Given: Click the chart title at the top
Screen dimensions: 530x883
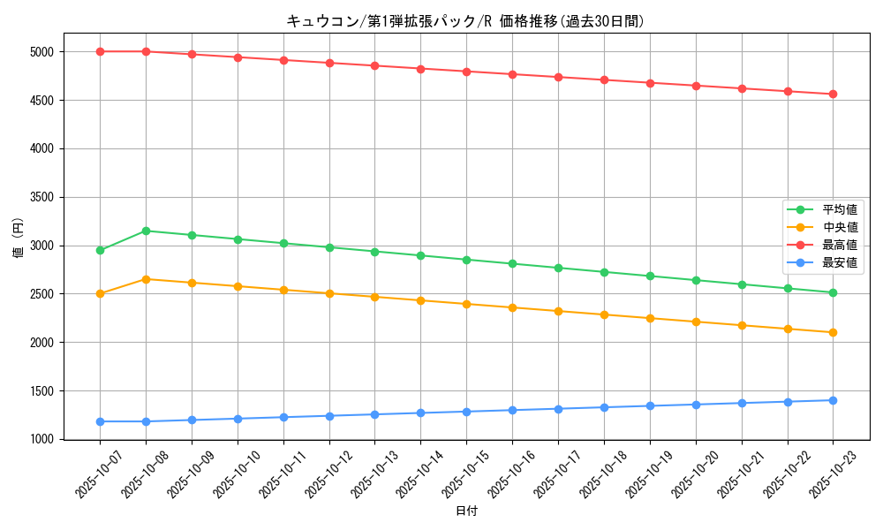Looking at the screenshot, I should pyautogui.click(x=465, y=21).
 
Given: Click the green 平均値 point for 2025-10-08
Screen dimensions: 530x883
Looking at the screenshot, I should pyautogui.click(x=146, y=231).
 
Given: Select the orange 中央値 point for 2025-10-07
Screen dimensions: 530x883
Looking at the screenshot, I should pyautogui.click(x=100, y=293).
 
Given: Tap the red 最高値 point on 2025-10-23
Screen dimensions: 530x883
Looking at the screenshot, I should pyautogui.click(x=833, y=95).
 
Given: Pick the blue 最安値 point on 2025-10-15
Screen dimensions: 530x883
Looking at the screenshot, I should pyautogui.click(x=466, y=412).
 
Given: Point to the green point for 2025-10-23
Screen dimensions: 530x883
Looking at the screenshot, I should pyautogui.click(x=833, y=292).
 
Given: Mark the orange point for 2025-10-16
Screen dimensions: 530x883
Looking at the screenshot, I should pyautogui.click(x=512, y=307).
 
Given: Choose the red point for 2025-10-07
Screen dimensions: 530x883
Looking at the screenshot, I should pyautogui.click(x=100, y=51).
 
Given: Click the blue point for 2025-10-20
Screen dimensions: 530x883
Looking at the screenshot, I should pyautogui.click(x=696, y=405).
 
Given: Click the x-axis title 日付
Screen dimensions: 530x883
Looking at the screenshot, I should pyautogui.click(x=466, y=511).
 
